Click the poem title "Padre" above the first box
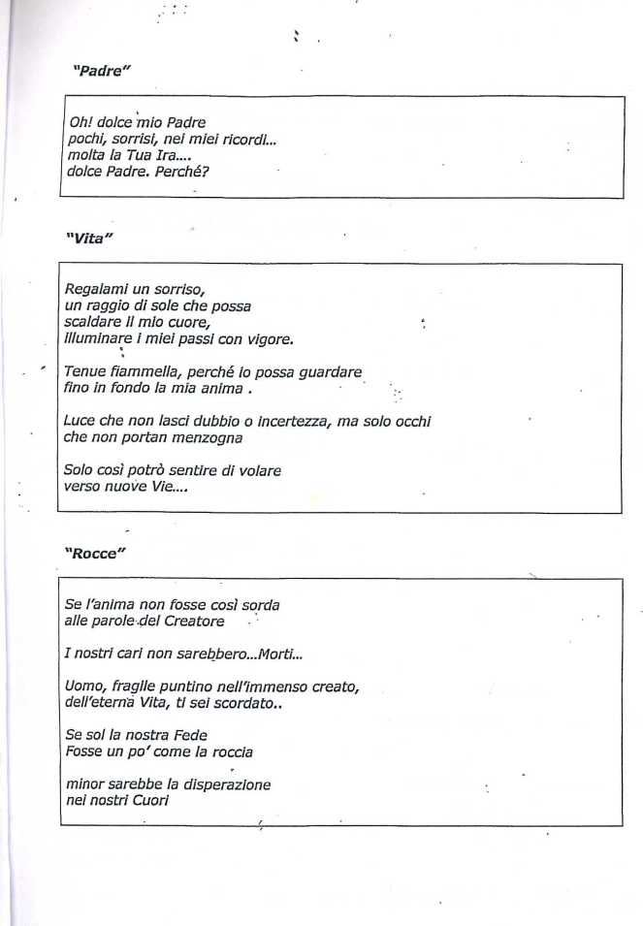[x=102, y=71]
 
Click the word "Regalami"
[x=95, y=289]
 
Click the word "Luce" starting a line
[x=80, y=422]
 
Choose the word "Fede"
[x=186, y=734]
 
